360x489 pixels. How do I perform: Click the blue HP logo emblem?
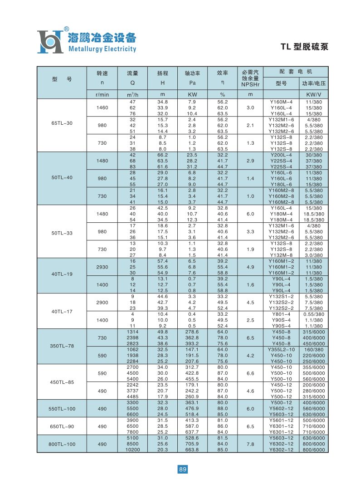(x=50, y=41)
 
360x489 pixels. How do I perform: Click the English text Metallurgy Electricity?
(x=102, y=49)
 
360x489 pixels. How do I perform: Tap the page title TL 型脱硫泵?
(x=304, y=47)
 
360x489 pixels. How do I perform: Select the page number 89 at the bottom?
(x=182, y=469)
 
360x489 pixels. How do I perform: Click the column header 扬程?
(x=163, y=73)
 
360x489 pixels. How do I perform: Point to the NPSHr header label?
(x=250, y=84)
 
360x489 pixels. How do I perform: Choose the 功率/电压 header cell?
(x=314, y=83)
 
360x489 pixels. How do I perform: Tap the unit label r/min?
(x=102, y=94)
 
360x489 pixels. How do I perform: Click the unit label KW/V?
(x=314, y=94)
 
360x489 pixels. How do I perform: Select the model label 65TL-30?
(x=62, y=123)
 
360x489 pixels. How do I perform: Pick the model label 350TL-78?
(x=62, y=346)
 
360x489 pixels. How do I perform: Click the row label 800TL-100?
(x=62, y=444)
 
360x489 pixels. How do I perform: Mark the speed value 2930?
(x=102, y=267)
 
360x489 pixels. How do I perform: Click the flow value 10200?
(x=132, y=450)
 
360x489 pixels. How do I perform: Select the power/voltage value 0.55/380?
(x=314, y=314)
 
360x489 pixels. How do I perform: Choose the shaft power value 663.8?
(x=192, y=450)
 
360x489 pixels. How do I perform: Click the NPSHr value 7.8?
(x=250, y=444)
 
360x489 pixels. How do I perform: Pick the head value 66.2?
(x=163, y=155)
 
